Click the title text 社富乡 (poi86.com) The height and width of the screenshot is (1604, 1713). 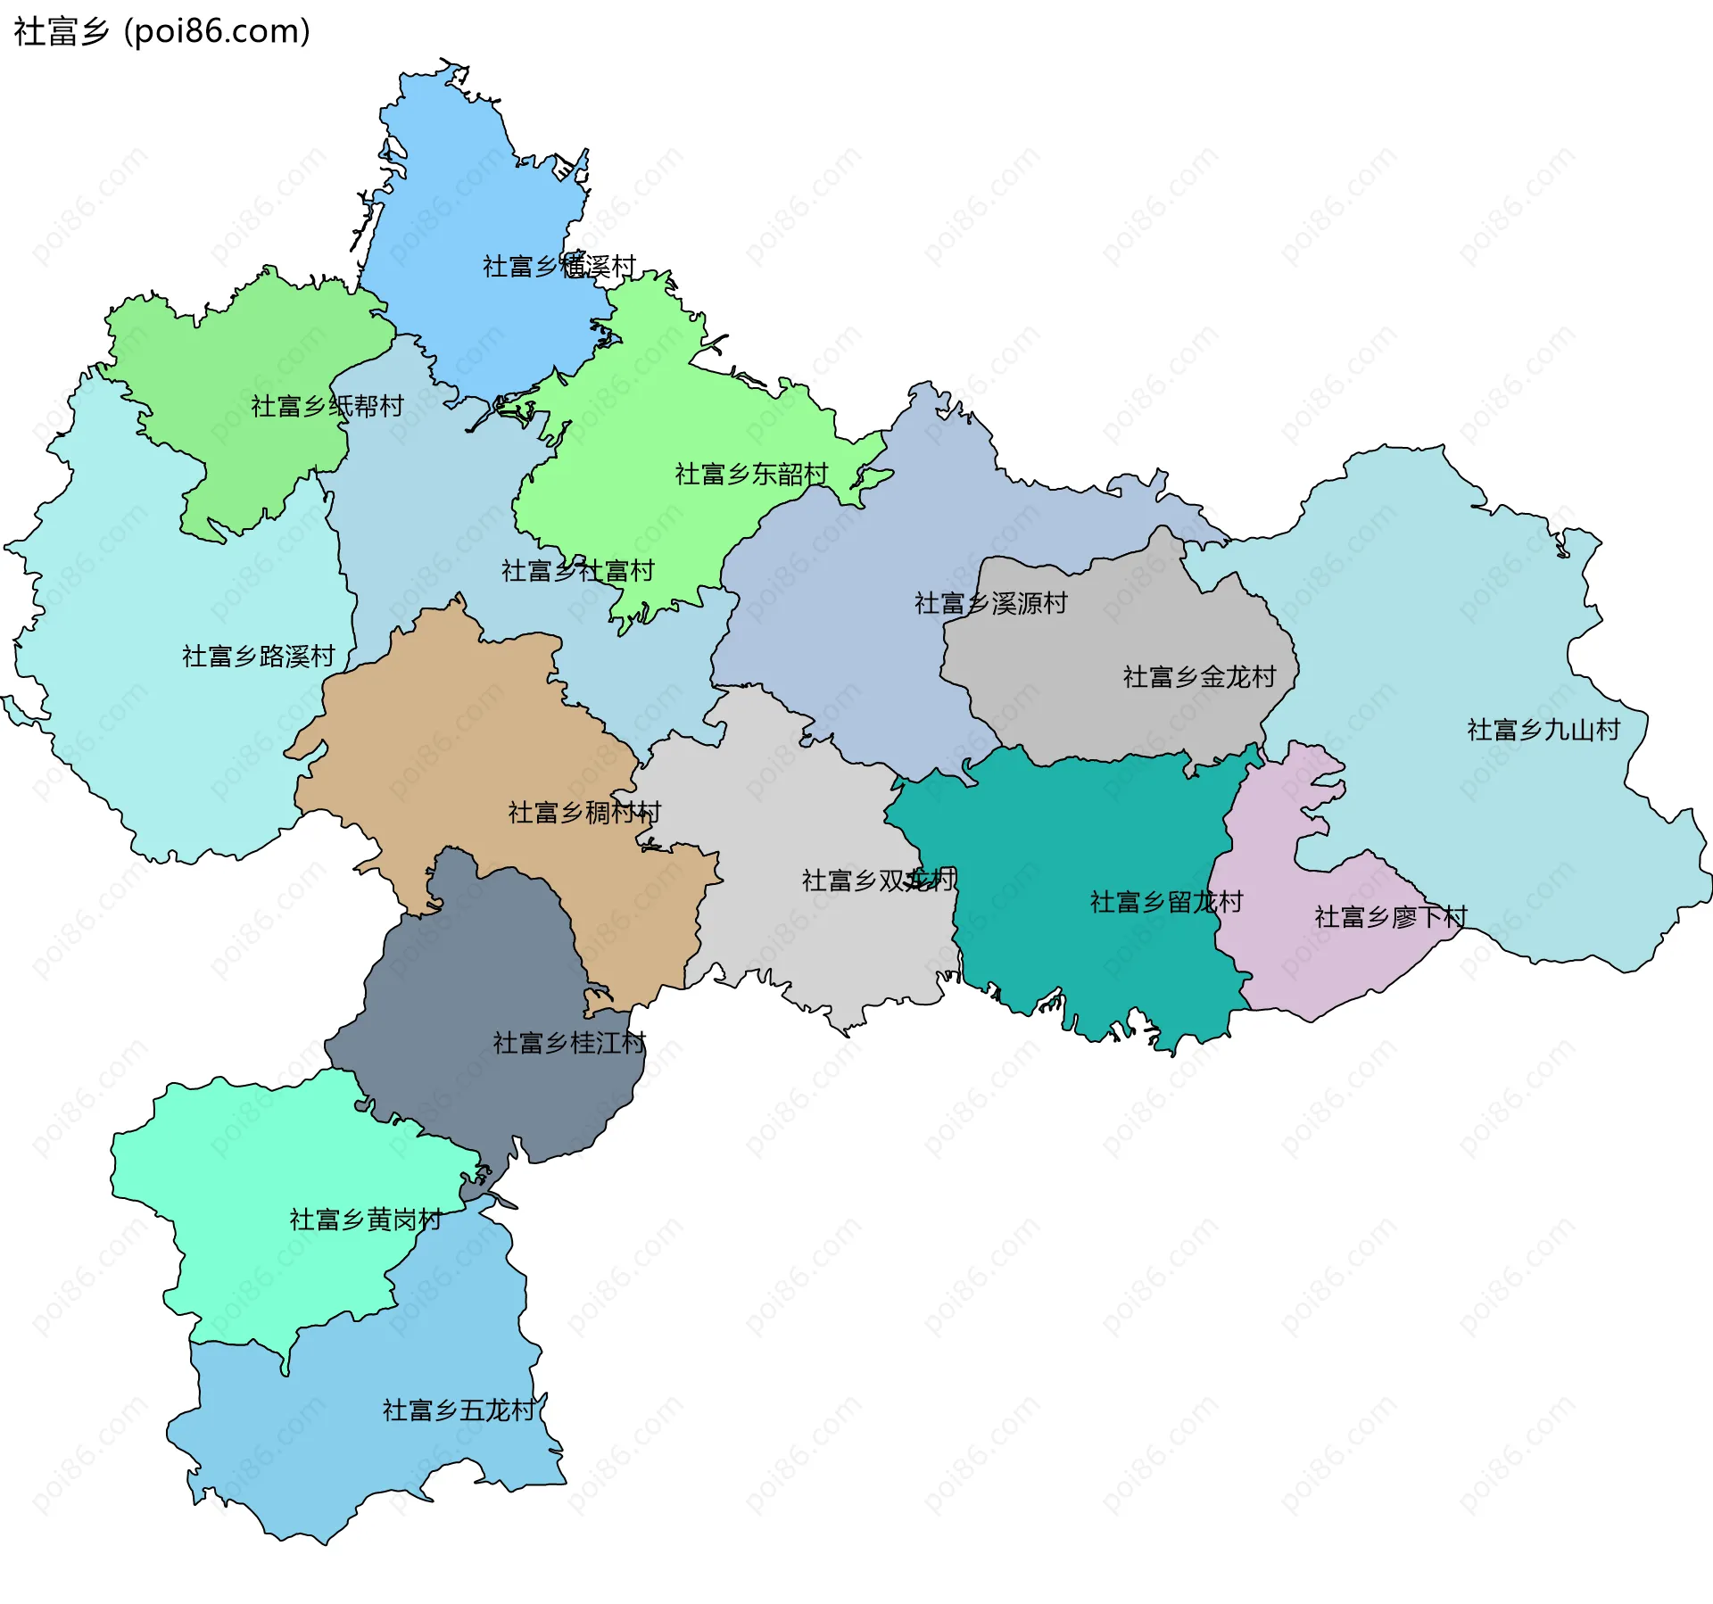(161, 32)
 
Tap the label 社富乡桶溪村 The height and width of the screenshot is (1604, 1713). (559, 266)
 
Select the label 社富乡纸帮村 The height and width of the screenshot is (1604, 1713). (327, 406)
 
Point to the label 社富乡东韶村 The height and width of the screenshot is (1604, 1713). (751, 474)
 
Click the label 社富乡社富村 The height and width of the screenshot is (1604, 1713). (577, 570)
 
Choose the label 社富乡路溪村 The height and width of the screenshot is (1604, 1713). (258, 656)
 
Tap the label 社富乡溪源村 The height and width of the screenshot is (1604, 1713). (990, 603)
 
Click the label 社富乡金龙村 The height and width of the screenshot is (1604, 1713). (1199, 676)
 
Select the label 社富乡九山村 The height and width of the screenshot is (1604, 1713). (1543, 730)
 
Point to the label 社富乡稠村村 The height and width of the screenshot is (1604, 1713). (584, 812)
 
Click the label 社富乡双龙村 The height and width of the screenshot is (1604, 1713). (878, 881)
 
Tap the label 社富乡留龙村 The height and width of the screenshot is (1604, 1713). (1165, 901)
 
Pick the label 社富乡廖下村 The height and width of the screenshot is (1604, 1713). (1390, 916)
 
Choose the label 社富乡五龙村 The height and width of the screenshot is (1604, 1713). (459, 1410)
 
